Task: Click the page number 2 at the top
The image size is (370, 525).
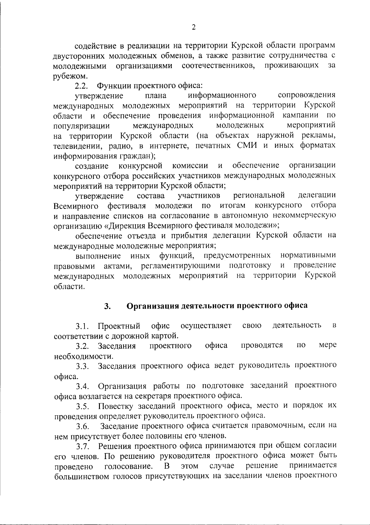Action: (194, 27)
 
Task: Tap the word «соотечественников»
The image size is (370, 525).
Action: (218, 66)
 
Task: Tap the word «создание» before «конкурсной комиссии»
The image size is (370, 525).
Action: (92, 166)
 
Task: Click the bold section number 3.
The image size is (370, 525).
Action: (107, 306)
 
